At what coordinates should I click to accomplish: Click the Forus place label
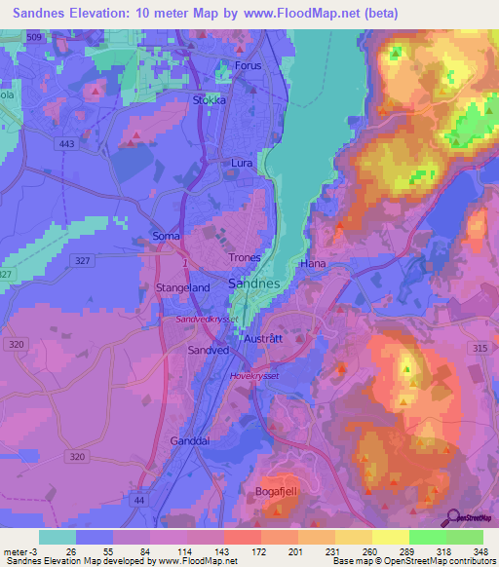(x=249, y=66)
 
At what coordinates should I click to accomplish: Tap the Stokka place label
(x=209, y=98)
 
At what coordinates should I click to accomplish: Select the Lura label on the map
(x=242, y=164)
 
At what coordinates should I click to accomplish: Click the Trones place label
(x=244, y=258)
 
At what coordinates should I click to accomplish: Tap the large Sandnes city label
(x=253, y=283)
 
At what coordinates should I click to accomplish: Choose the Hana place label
(x=313, y=264)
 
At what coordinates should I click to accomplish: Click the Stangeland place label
(x=182, y=288)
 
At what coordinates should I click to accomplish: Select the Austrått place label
(x=263, y=338)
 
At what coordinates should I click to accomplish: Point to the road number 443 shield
(x=66, y=145)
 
